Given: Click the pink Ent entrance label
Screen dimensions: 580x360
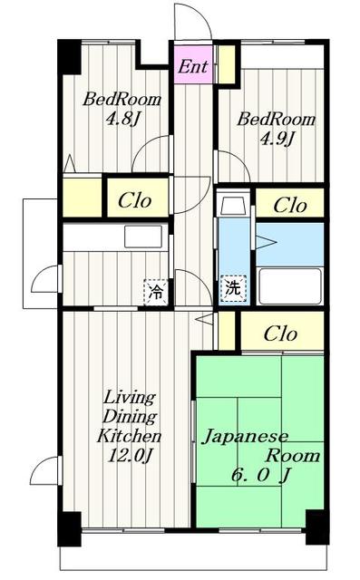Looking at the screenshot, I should [x=193, y=66].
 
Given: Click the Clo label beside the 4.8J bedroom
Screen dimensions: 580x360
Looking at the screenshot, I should [x=137, y=201].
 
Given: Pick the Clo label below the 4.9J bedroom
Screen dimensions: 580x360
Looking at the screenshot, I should [x=289, y=205].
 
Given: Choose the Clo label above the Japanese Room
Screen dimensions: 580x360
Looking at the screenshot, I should [x=280, y=333].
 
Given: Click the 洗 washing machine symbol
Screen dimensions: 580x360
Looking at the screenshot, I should [x=233, y=290].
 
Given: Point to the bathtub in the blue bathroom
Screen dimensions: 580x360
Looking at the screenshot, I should [x=289, y=286].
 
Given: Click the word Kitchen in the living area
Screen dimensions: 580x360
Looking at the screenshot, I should [x=129, y=436].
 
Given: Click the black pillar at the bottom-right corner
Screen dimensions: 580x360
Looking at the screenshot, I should [x=316, y=527].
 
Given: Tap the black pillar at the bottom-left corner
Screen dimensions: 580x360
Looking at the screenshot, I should [x=70, y=528].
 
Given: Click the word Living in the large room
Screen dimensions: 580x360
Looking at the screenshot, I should [x=129, y=398].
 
